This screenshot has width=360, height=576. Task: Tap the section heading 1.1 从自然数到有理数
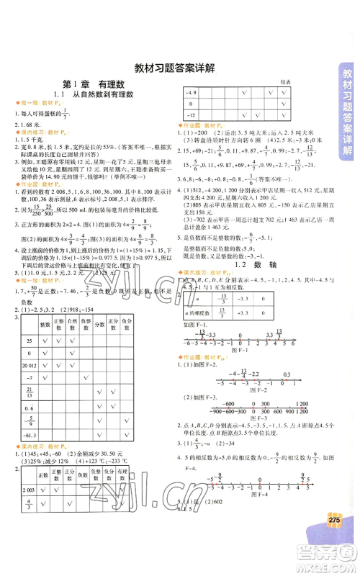(x=90, y=96)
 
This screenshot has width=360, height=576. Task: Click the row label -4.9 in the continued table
(x=192, y=94)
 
